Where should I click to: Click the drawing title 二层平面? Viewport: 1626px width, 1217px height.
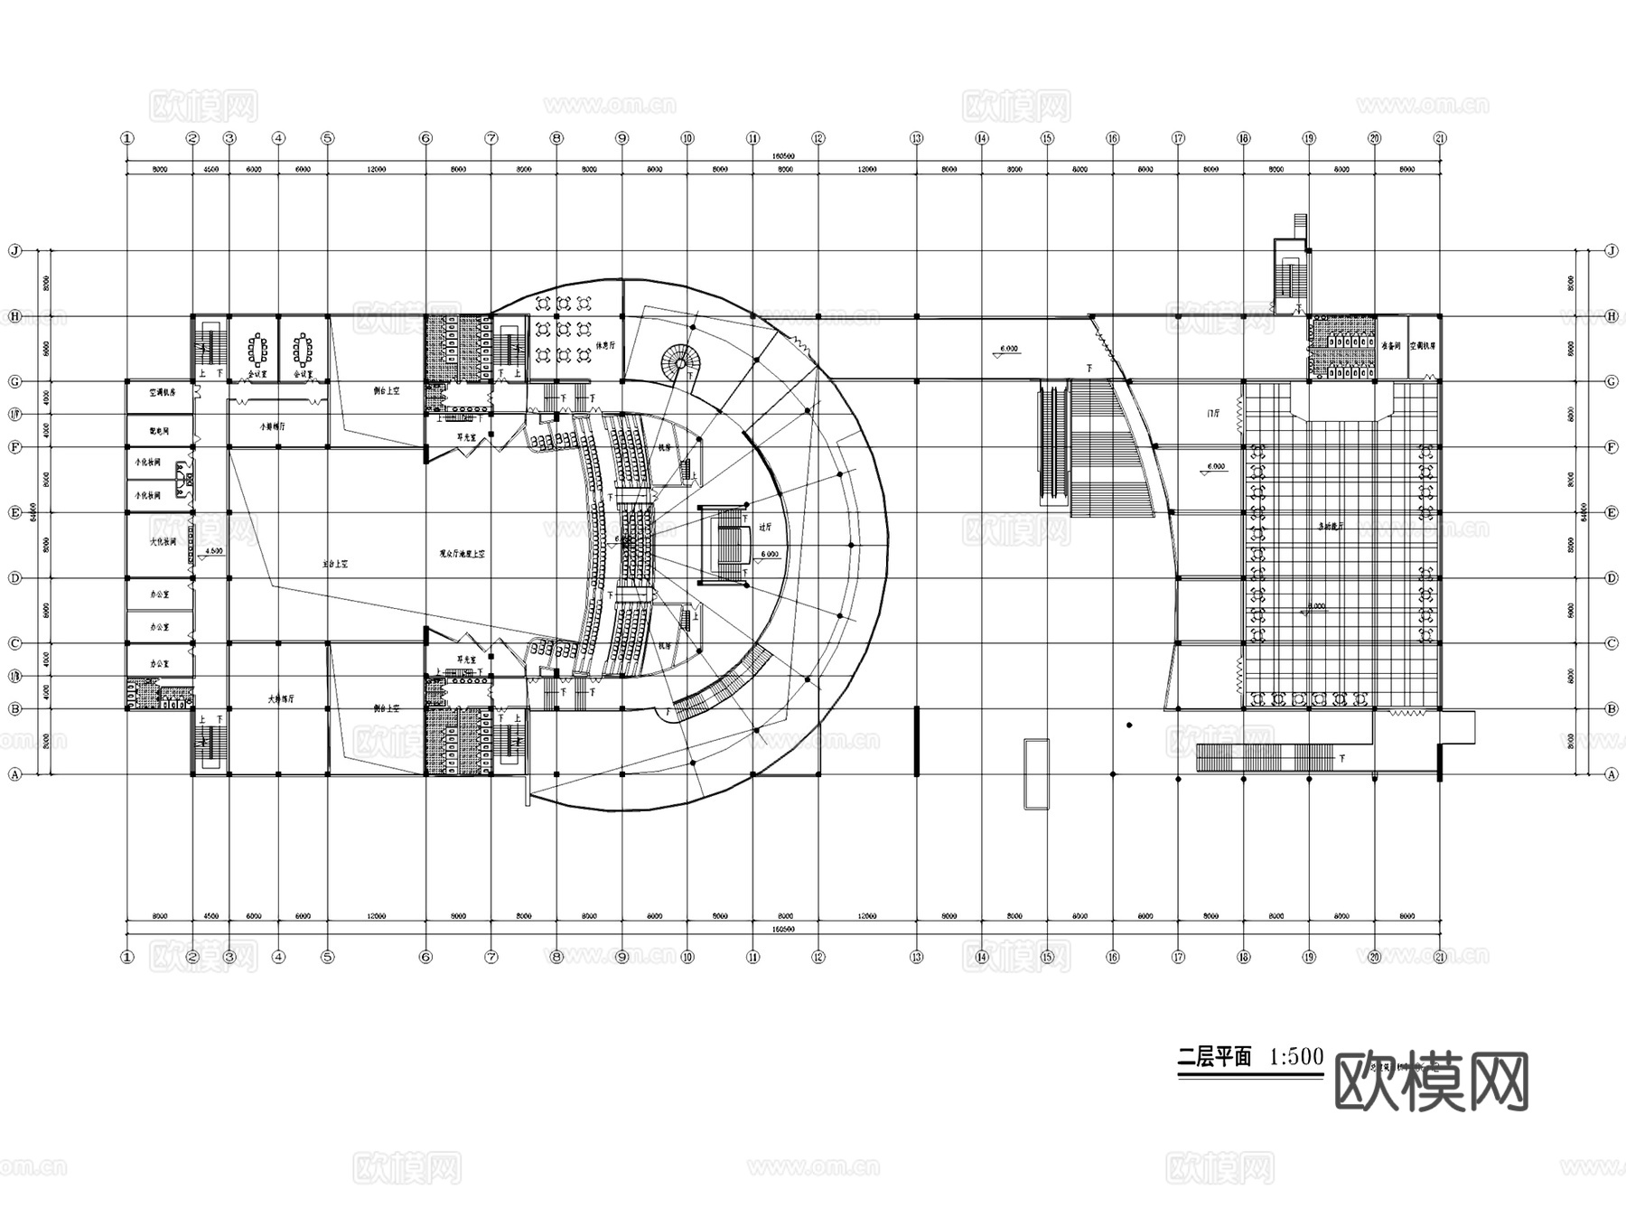tap(1214, 1057)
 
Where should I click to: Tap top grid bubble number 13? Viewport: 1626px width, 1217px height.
tap(916, 138)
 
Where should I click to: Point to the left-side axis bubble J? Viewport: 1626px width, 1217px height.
tap(14, 250)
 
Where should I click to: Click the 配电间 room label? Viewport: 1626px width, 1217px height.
tap(159, 431)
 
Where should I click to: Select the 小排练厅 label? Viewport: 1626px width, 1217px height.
tap(272, 426)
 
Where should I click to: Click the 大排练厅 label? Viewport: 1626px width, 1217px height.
tap(281, 698)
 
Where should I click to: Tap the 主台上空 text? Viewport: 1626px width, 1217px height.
tap(335, 563)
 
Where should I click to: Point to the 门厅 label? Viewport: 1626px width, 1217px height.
tap(1213, 413)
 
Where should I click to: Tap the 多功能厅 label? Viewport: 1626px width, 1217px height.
tap(1326, 525)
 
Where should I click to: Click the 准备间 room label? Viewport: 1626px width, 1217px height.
tap(1390, 345)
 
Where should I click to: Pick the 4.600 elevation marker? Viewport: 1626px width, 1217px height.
tap(214, 551)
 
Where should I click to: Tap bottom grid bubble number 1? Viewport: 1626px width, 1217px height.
tap(126, 957)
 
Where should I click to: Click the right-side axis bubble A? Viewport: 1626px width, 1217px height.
tap(1611, 774)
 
